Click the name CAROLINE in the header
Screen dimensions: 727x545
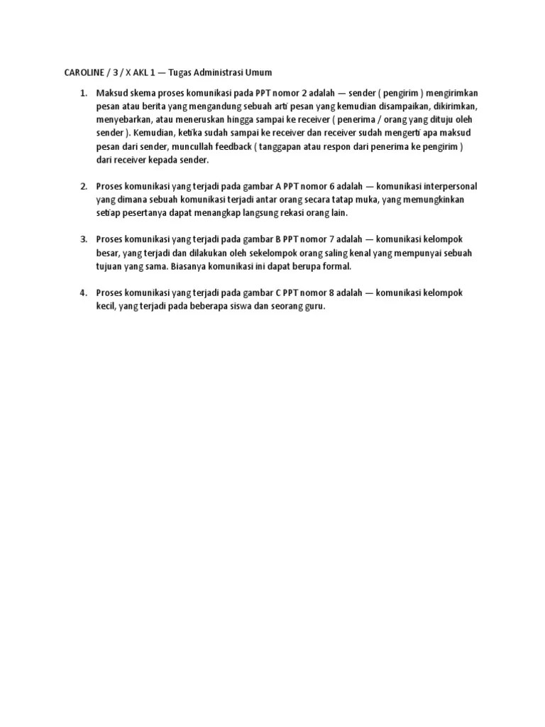coord(77,72)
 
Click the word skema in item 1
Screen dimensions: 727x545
coord(139,93)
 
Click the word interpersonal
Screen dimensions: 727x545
coord(441,186)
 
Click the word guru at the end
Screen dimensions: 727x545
coord(311,306)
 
